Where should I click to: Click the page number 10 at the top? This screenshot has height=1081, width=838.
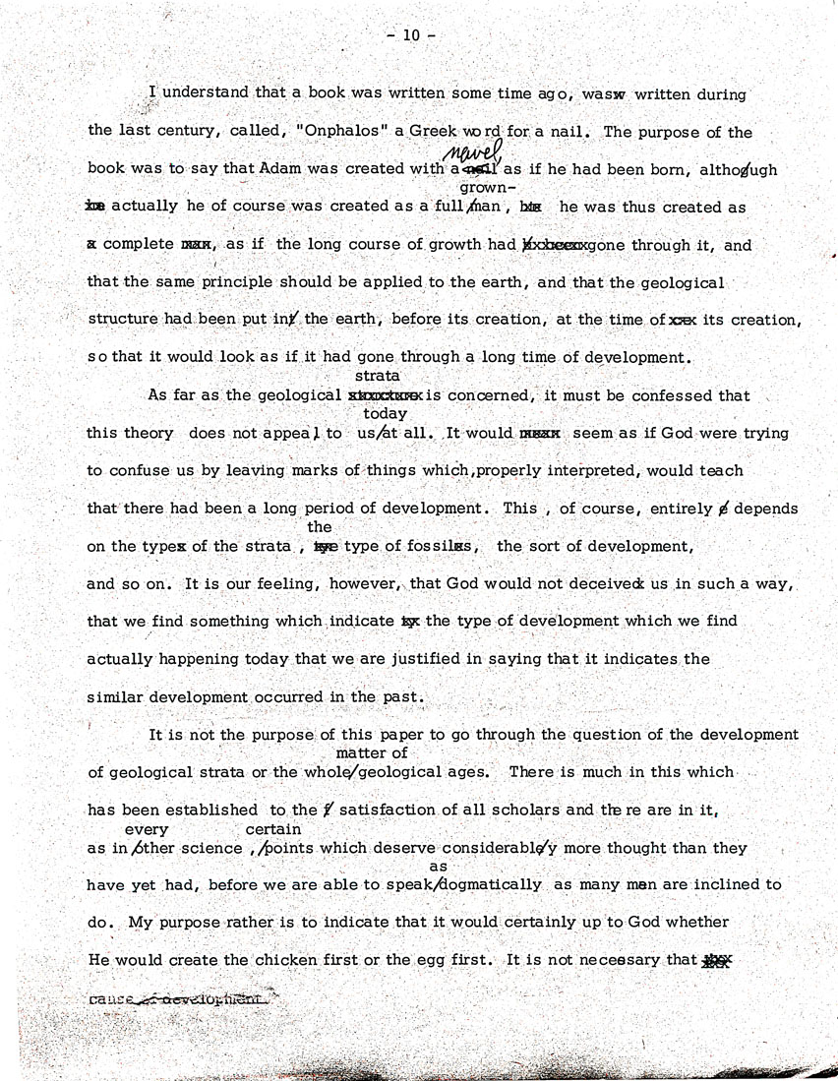click(410, 35)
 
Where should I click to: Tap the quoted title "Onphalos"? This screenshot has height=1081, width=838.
click(331, 132)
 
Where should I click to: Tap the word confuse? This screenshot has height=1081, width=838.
click(137, 470)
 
